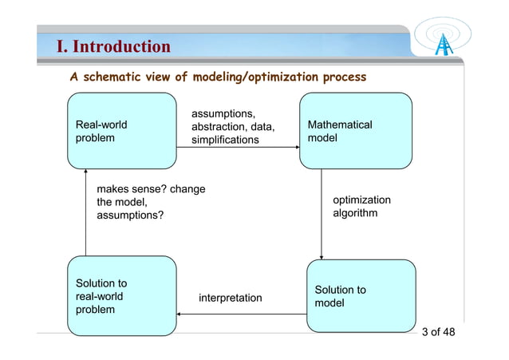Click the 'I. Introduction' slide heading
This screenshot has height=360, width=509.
point(113,46)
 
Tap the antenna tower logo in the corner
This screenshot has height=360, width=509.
point(444,38)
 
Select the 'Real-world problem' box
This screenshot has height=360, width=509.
point(122,131)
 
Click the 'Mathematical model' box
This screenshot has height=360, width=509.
point(355,131)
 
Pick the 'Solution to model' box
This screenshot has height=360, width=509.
point(361,296)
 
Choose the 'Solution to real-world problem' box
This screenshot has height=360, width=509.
point(122,296)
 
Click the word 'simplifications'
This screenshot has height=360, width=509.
point(225,140)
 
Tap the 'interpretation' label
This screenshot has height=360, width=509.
point(230,298)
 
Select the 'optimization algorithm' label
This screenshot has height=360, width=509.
point(361,207)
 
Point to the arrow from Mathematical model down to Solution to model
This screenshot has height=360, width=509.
point(321,216)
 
